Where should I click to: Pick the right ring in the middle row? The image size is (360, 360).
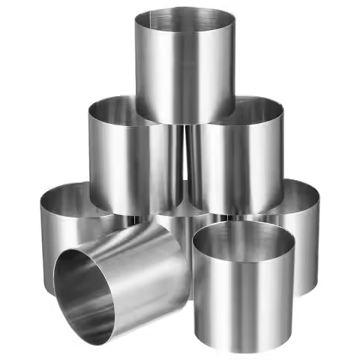pyautogui.click(x=236, y=161)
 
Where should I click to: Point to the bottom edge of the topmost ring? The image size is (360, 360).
pyautogui.click(x=184, y=123)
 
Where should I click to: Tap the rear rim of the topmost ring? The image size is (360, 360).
pyautogui.click(x=184, y=8)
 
